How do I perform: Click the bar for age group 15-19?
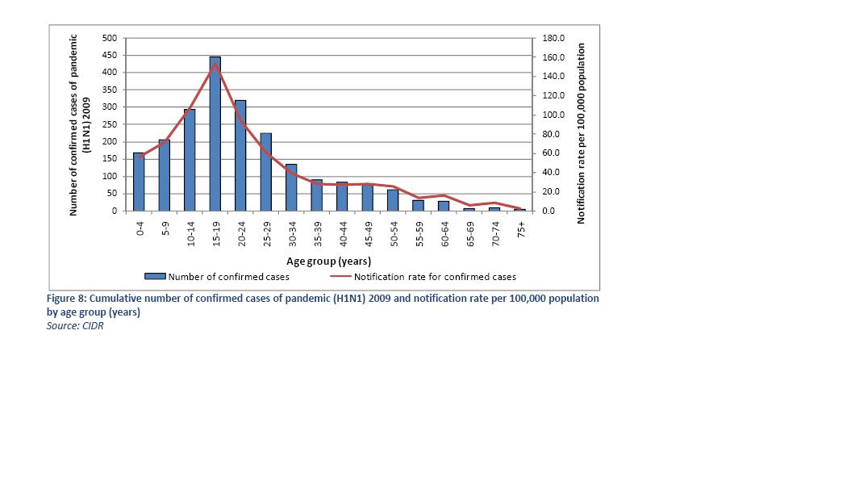click(x=215, y=134)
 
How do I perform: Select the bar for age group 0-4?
click(x=139, y=182)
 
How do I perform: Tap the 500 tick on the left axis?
click(x=111, y=38)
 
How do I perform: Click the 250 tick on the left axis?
click(x=111, y=124)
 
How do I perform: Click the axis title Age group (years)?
click(x=328, y=261)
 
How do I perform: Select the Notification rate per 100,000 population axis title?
click(x=581, y=133)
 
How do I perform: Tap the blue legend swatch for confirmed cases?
click(x=155, y=277)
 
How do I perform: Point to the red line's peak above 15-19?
click(x=215, y=64)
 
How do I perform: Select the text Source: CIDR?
click(x=75, y=326)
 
